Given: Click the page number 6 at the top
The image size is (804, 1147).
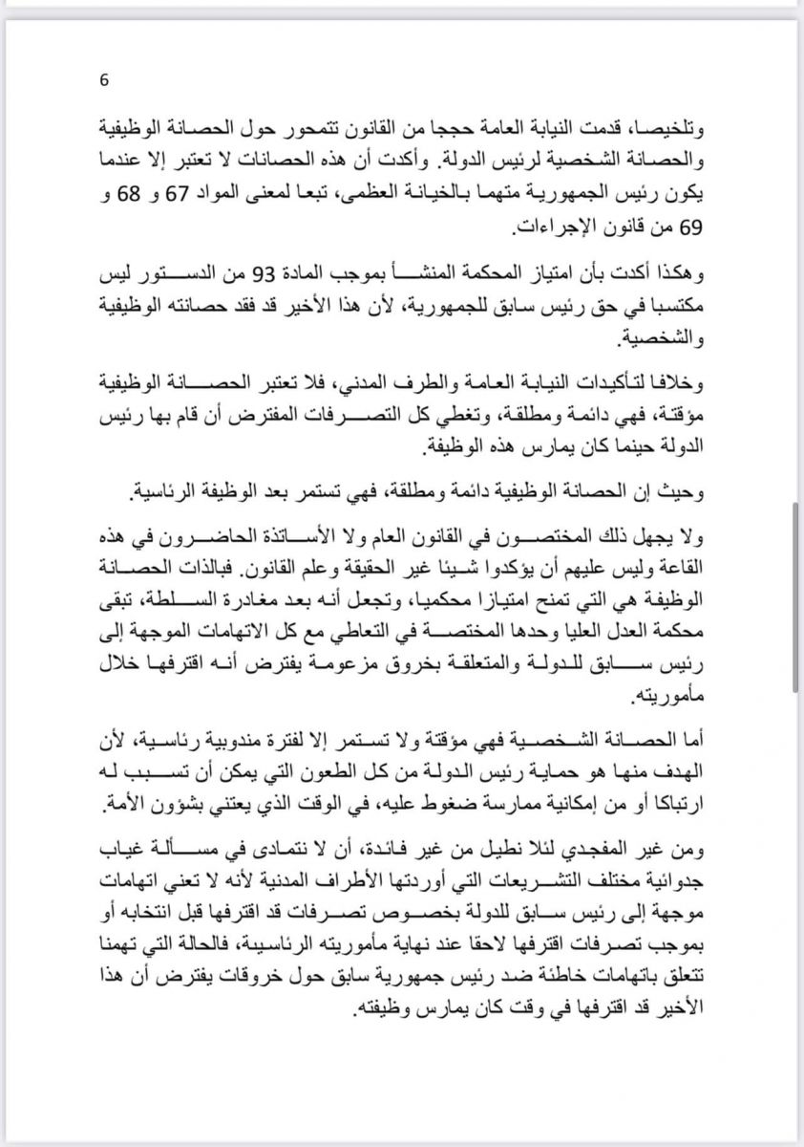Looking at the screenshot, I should click(x=104, y=80).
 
